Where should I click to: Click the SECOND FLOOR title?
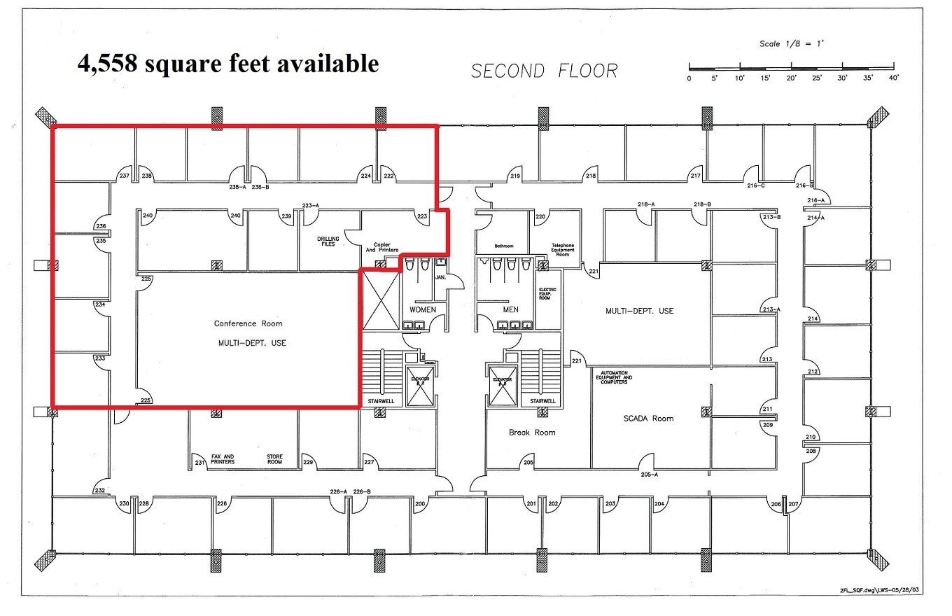pyautogui.click(x=544, y=71)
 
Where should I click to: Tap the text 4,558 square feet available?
pyautogui.click(x=228, y=64)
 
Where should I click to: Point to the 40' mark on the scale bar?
pyautogui.click(x=893, y=78)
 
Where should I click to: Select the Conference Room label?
pyautogui.click(x=248, y=323)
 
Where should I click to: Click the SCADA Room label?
pyautogui.click(x=648, y=419)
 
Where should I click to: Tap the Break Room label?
pyautogui.click(x=532, y=433)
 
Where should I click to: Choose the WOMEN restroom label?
pyautogui.click(x=423, y=309)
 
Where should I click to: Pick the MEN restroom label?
pyautogui.click(x=510, y=309)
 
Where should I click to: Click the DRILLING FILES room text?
pyautogui.click(x=328, y=241)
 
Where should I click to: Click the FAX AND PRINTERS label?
pyautogui.click(x=223, y=460)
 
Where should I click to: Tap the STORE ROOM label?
pyautogui.click(x=274, y=460)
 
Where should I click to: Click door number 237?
pyautogui.click(x=124, y=176)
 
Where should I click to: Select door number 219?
pyautogui.click(x=516, y=176)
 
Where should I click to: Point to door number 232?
pyautogui.click(x=100, y=490)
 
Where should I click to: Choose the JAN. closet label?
pyautogui.click(x=440, y=277)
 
